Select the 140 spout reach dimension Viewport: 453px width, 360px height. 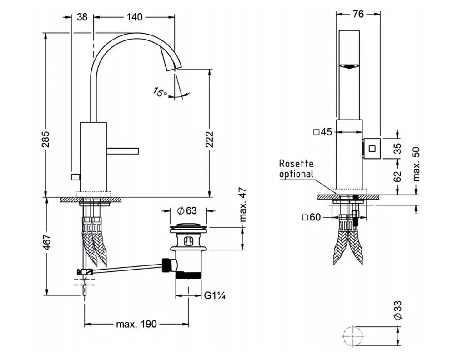(x=135, y=17)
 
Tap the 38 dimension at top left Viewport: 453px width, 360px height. (x=82, y=17)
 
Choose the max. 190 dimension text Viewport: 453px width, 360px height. (x=136, y=324)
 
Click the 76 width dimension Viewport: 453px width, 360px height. (x=358, y=14)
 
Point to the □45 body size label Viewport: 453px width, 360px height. (x=323, y=132)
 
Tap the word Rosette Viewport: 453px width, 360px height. (x=296, y=164)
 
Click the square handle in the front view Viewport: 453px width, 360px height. (x=372, y=148)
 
